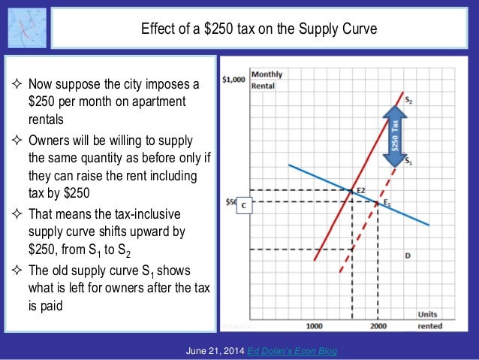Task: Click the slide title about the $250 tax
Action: pos(258,30)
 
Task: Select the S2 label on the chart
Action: pos(408,100)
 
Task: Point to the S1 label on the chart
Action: pos(408,160)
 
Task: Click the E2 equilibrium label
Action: pos(360,191)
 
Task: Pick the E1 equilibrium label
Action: pos(387,203)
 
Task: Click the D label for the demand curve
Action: pos(407,256)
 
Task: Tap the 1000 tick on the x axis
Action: pos(314,326)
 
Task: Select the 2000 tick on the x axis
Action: pos(378,326)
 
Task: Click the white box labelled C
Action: pos(243,208)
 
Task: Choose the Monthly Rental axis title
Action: pos(267,79)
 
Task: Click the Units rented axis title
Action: pos(429,320)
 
